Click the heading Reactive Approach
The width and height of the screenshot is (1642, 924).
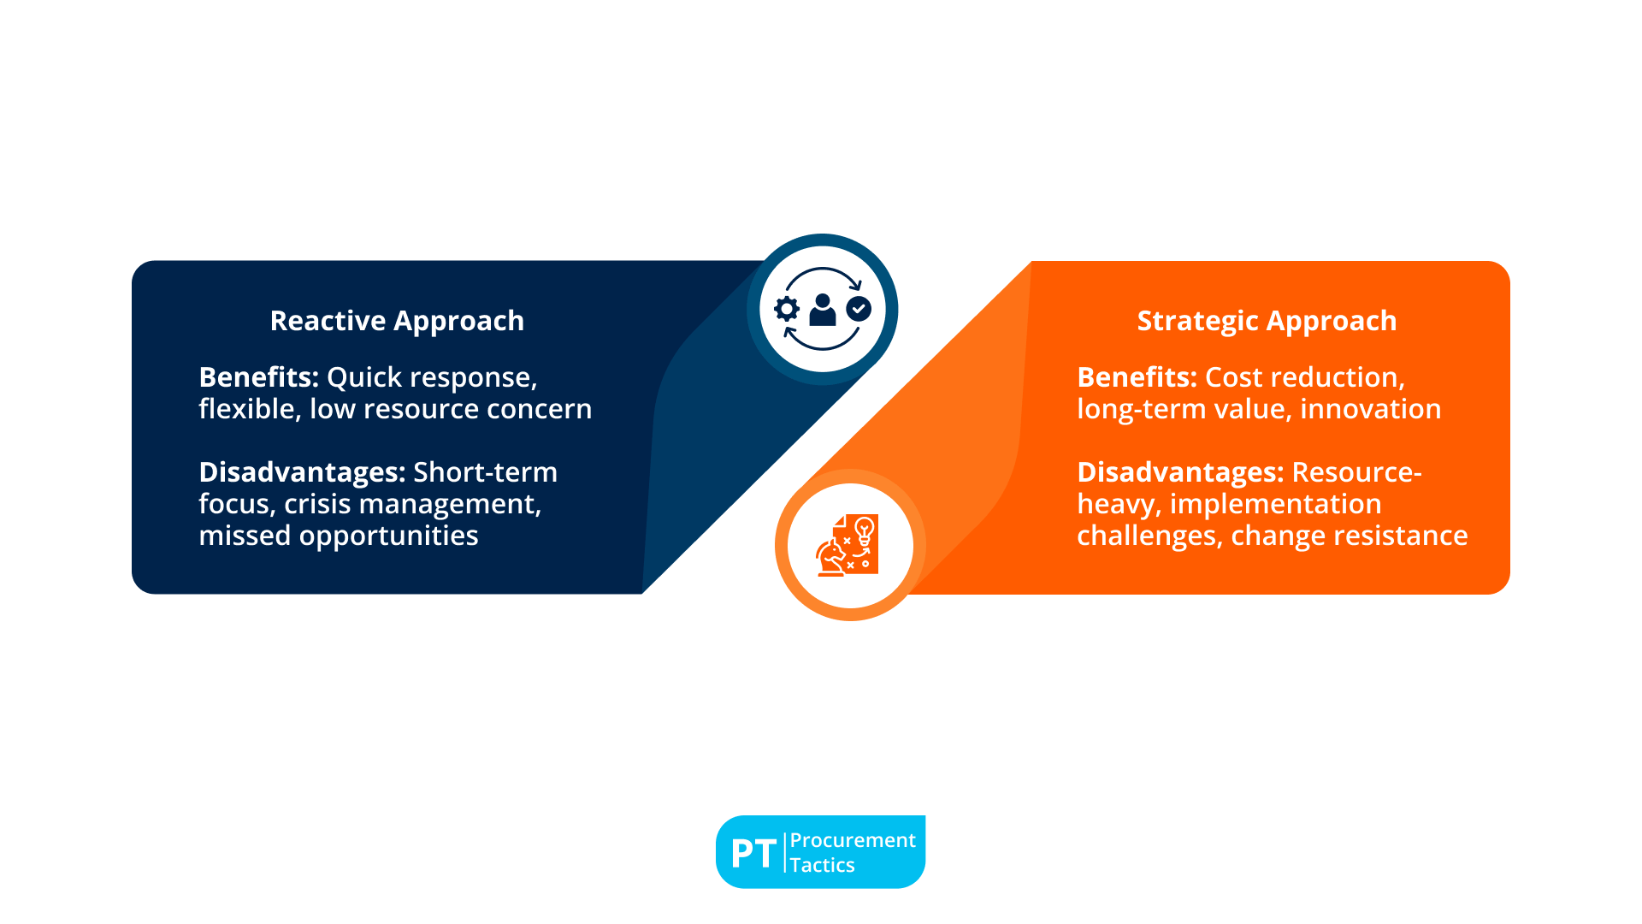pyautogui.click(x=397, y=321)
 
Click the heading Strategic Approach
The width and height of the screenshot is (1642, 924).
pyautogui.click(x=1267, y=321)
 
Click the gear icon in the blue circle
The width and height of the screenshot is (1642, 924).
pyautogui.click(x=787, y=309)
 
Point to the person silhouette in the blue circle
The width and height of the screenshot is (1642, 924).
pyautogui.click(x=823, y=310)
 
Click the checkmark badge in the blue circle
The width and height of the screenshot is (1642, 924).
pyautogui.click(x=859, y=309)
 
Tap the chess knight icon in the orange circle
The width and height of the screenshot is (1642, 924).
pyautogui.click(x=830, y=558)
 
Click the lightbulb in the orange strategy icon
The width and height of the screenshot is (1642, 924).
pyautogui.click(x=865, y=530)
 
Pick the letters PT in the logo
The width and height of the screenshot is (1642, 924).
pyautogui.click(x=753, y=853)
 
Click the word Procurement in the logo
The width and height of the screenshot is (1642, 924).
pyautogui.click(x=853, y=840)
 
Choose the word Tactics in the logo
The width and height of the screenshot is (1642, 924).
pyautogui.click(x=822, y=865)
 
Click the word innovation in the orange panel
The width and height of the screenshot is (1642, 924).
pyautogui.click(x=1370, y=409)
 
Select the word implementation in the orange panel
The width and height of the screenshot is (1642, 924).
pyautogui.click(x=1275, y=505)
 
